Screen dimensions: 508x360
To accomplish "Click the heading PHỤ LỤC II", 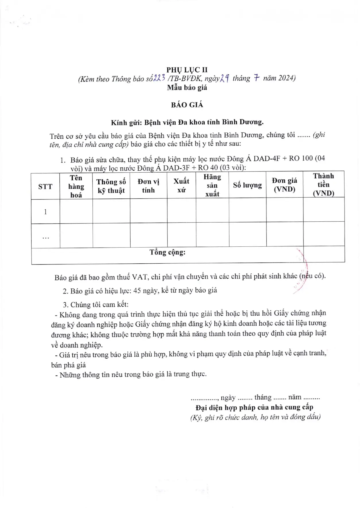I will (187, 70).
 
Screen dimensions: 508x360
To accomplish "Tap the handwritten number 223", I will (159, 78).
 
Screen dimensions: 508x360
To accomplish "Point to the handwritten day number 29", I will (224, 78).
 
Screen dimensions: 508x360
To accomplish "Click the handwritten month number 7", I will (256, 78).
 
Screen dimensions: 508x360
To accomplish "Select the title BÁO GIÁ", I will (187, 105).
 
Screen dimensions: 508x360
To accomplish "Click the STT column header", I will (45, 187).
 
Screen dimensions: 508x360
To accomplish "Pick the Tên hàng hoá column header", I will (76, 186).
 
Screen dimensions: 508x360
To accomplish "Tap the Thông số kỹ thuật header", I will (111, 186).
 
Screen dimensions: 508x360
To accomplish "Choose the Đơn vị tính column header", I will (148, 186).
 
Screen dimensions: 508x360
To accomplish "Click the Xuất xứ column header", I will (181, 186).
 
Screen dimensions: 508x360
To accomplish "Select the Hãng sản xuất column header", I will (212, 185).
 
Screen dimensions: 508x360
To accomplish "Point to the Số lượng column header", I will (247, 185).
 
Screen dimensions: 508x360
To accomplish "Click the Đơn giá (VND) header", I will (284, 185).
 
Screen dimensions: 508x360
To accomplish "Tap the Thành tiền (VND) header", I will (324, 184).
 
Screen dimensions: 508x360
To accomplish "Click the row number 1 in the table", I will (45, 212).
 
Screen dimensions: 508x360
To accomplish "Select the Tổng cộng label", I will (167, 252).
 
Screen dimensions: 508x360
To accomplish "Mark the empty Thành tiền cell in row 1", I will (324, 210).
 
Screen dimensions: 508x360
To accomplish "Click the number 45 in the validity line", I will (137, 290).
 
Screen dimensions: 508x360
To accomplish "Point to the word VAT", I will (140, 277).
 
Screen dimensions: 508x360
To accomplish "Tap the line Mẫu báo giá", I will (187, 88).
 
